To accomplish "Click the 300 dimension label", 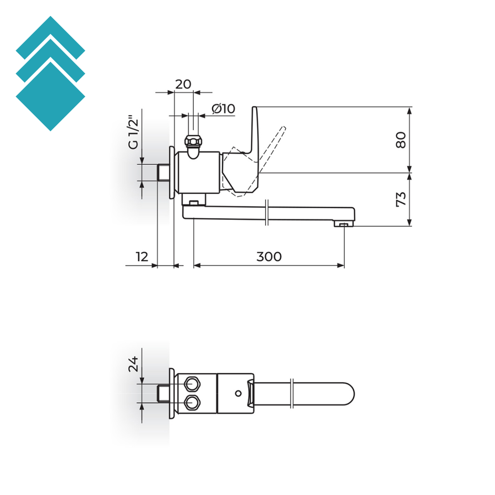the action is tap(269, 257).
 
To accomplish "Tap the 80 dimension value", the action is tap(401, 140).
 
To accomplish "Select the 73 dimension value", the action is tap(401, 199).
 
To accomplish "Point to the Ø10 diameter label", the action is tap(223, 109).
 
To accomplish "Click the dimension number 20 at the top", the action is tap(183, 84).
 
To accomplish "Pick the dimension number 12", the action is tap(142, 257).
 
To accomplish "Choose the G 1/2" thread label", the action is tap(133, 133).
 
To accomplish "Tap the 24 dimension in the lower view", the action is tap(133, 364).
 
